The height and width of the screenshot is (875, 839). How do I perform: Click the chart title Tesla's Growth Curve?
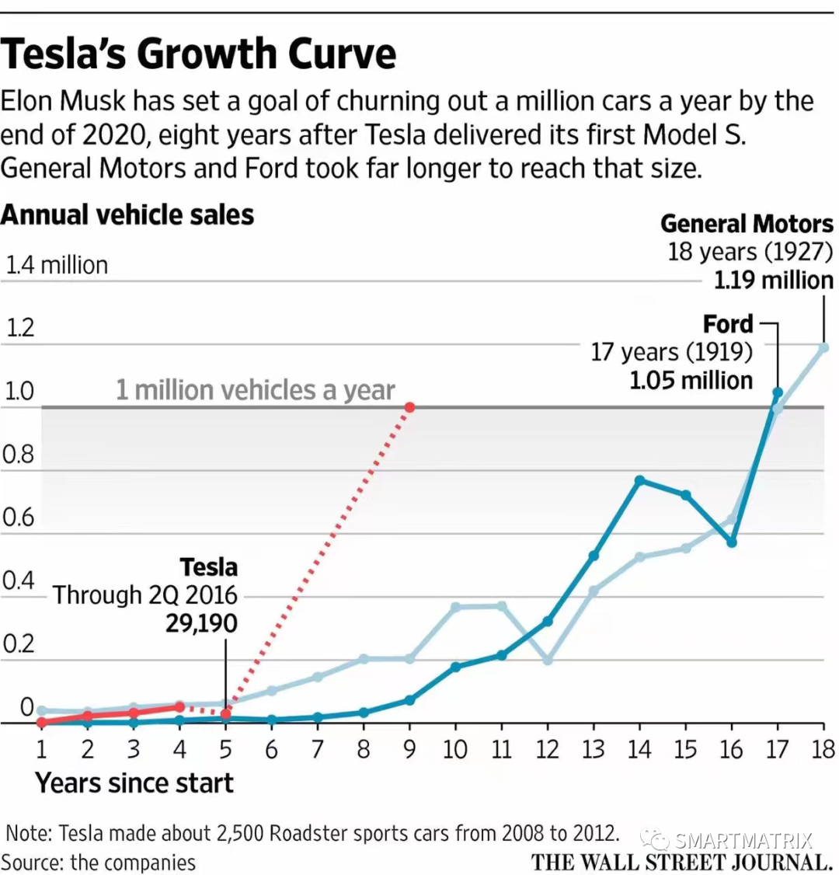pos(199,54)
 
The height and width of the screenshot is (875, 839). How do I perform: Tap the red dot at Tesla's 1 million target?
pos(409,406)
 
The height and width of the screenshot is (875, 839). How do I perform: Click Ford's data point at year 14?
pos(639,480)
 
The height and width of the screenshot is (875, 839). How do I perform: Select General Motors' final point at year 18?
pos(823,347)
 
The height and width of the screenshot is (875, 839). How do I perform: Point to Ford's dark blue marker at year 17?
pos(778,392)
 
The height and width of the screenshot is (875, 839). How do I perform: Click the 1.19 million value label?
pos(773,280)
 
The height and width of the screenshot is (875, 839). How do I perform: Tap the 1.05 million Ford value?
pos(691,380)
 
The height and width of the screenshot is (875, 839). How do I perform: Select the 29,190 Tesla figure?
pos(201,623)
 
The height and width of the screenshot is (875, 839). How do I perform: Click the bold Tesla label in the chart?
pos(208,566)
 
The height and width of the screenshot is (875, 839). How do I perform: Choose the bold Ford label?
pos(728,323)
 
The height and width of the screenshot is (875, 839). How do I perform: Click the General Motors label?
pos(747,224)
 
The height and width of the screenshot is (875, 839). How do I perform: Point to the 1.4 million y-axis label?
pos(57,265)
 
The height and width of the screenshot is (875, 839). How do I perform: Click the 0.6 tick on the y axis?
pos(19,517)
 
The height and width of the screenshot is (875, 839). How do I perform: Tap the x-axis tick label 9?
pos(409,749)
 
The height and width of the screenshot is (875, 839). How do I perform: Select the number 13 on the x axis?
pos(593,749)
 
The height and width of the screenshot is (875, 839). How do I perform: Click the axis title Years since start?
pos(134,783)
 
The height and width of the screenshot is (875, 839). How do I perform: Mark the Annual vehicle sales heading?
pos(127,214)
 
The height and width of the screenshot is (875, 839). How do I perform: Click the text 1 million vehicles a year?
pos(256,389)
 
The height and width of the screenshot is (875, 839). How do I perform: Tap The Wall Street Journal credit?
pos(681,861)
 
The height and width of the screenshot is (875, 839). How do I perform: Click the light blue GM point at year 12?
pos(548,660)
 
